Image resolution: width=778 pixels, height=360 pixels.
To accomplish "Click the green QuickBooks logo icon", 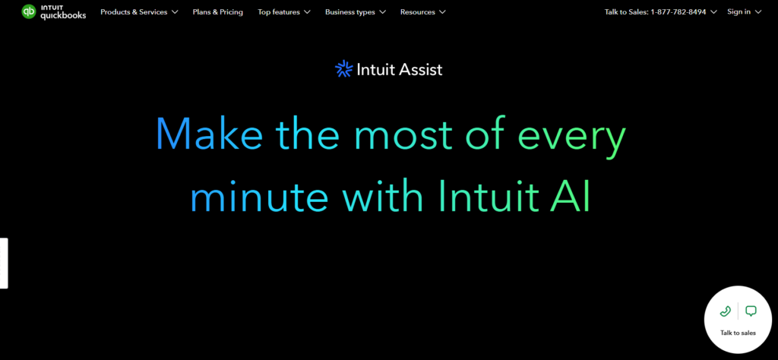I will tap(29, 11).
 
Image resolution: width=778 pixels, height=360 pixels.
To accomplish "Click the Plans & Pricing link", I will tap(218, 12).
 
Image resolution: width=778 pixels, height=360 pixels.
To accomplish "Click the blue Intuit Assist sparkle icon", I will tap(344, 70).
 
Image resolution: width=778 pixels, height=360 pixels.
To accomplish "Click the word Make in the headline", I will tap(209, 134).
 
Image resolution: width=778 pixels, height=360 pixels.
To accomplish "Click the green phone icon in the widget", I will tap(725, 311).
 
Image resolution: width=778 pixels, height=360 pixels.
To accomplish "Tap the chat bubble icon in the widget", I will tap(751, 311).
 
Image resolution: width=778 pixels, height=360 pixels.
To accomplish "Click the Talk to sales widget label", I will tap(738, 333).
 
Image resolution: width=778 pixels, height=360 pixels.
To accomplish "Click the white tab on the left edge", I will tap(4, 263).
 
